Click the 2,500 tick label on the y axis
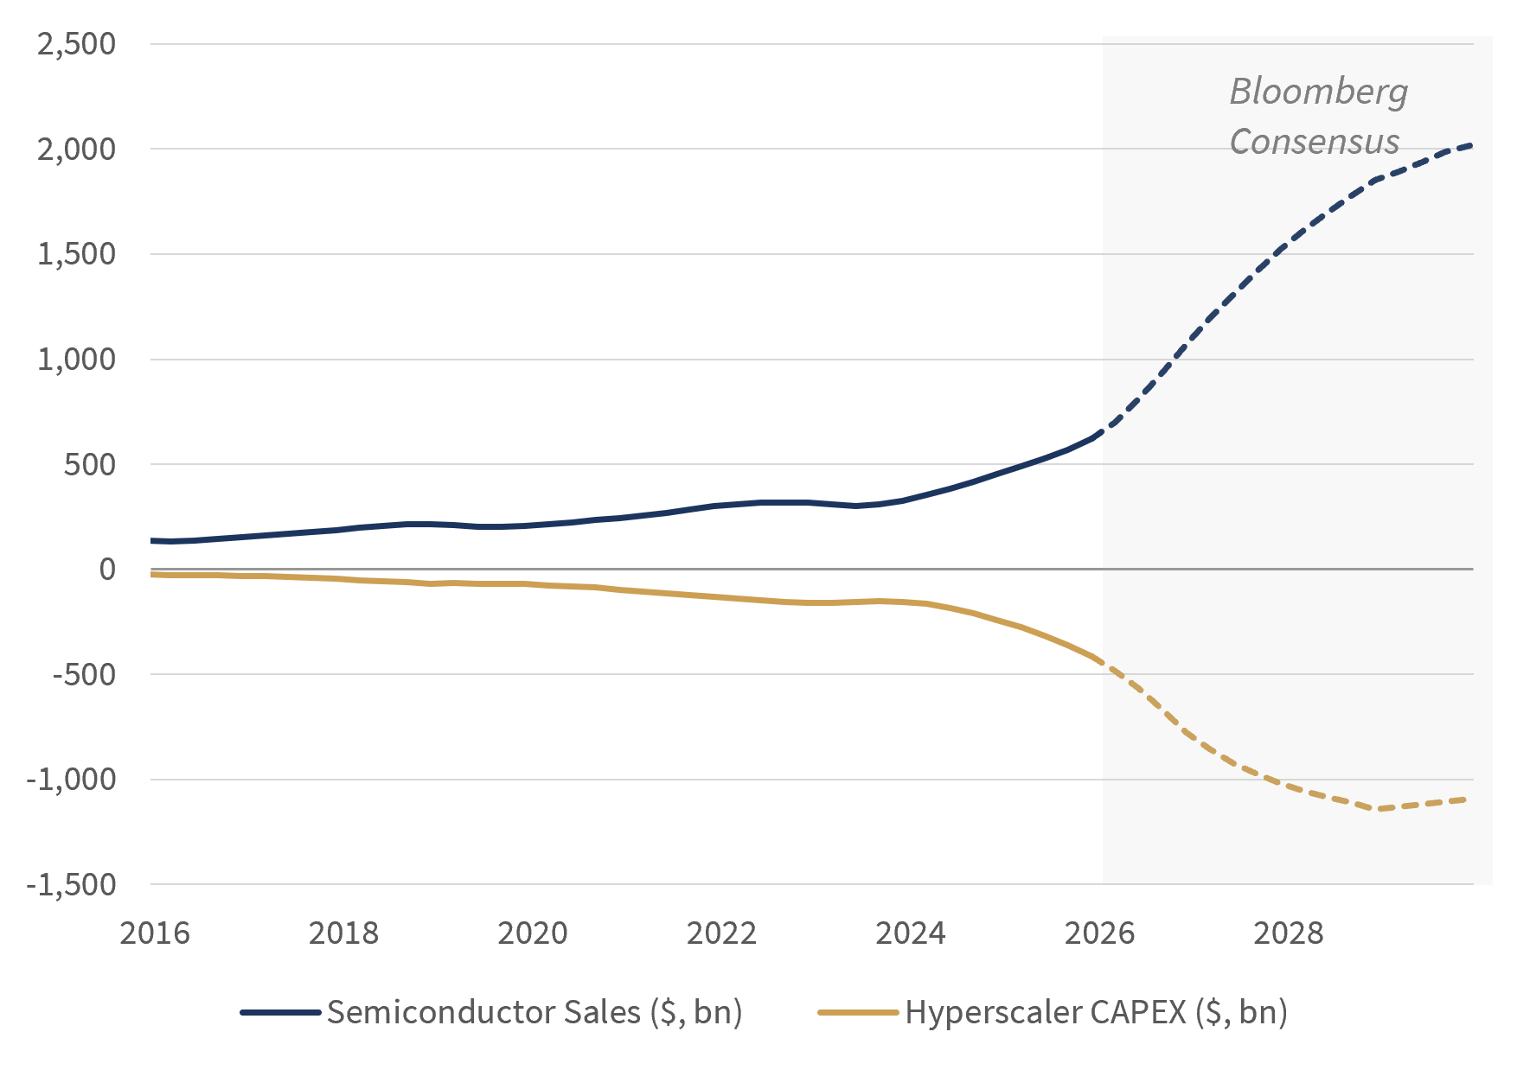click(76, 43)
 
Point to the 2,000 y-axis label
click(76, 149)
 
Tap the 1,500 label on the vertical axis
click(76, 254)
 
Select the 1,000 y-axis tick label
click(76, 359)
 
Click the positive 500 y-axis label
click(90, 464)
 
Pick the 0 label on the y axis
click(107, 569)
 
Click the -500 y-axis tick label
click(84, 674)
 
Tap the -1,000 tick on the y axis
click(71, 780)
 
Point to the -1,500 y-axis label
click(71, 884)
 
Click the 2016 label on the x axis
click(155, 933)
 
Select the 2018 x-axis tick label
click(343, 933)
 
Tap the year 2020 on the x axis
click(533, 933)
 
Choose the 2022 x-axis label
click(721, 933)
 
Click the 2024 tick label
click(911, 933)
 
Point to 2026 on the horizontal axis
click(1099, 933)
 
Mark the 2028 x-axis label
click(1289, 933)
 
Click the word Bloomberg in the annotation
click(1319, 92)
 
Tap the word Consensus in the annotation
click(1315, 141)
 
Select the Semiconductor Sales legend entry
click(491, 1012)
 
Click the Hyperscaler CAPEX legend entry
click(1053, 1012)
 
